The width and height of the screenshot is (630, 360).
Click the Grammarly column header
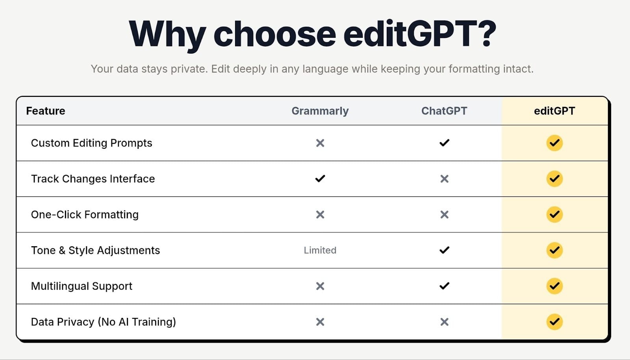click(x=320, y=111)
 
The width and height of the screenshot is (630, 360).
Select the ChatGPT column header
click(x=444, y=111)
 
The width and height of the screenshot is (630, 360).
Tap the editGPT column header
click(x=554, y=111)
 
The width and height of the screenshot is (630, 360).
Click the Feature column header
click(x=46, y=111)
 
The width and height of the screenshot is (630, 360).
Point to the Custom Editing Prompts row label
click(x=91, y=143)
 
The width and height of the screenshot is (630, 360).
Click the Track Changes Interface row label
click(x=93, y=178)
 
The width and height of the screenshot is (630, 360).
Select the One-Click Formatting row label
click(x=85, y=214)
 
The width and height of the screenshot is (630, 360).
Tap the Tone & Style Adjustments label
click(x=95, y=250)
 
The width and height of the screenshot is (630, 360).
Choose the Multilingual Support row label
click(x=82, y=286)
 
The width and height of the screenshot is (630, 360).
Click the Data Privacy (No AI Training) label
click(x=103, y=322)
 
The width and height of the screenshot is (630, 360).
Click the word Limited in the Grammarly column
click(x=320, y=250)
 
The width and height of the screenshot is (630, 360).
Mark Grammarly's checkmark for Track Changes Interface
click(x=320, y=178)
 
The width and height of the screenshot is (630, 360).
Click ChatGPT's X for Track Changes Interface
click(x=445, y=178)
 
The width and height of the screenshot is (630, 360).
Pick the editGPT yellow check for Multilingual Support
click(x=555, y=286)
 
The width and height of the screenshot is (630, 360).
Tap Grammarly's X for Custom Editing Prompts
click(x=320, y=143)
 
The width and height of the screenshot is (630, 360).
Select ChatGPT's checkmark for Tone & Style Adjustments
click(x=445, y=250)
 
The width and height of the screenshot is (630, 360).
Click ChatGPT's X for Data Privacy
click(x=445, y=322)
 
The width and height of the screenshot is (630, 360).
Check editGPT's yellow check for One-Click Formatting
click(x=555, y=214)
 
